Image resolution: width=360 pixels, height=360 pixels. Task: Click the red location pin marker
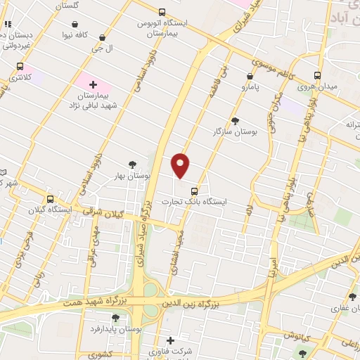click(x=181, y=165)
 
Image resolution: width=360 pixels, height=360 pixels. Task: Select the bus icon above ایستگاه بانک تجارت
click(x=194, y=191)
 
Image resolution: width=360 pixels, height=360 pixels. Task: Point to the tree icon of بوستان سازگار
click(x=235, y=120)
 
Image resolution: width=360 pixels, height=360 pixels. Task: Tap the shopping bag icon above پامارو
click(x=250, y=76)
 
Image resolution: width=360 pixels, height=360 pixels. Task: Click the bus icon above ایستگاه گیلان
click(x=49, y=199)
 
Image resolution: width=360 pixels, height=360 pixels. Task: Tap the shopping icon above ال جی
click(x=103, y=38)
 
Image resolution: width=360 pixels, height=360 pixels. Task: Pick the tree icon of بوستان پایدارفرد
click(x=115, y=318)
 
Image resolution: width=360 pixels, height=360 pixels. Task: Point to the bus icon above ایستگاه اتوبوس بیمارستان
click(x=162, y=12)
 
